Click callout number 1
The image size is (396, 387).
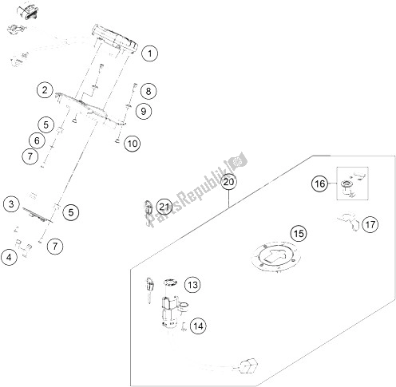coord(151,53)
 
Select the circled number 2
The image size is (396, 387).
coord(46,90)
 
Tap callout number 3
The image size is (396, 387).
coord(10,203)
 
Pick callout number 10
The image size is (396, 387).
coord(132,144)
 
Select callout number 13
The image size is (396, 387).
coord(192,284)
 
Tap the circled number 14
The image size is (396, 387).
coord(197,325)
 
